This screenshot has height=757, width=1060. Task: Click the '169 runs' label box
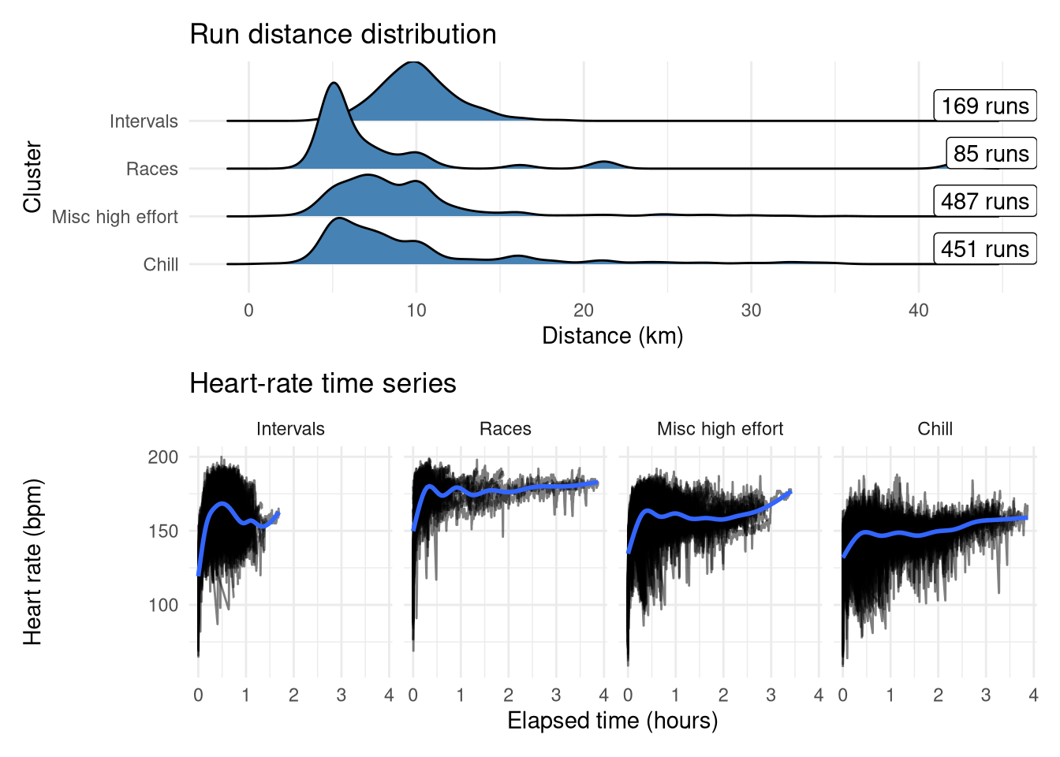[x=985, y=106]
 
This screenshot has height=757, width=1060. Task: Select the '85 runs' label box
[x=991, y=154]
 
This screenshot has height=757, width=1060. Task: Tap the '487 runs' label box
[x=985, y=201]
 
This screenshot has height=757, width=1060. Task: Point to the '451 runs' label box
[x=985, y=249]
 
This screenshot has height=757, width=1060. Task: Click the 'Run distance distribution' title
[x=343, y=35]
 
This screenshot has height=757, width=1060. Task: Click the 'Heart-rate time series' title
[x=323, y=383]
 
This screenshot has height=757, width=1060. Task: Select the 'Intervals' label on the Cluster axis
[x=144, y=121]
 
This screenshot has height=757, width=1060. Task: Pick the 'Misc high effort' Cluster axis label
[x=115, y=217]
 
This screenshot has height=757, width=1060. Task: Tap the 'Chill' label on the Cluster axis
[x=161, y=265]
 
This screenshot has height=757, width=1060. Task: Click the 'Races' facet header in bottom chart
[x=505, y=429]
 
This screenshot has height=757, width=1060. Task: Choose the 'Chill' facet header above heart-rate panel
[x=935, y=429]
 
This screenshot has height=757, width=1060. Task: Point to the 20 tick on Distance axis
[x=584, y=311]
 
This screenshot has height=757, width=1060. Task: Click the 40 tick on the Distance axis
[x=919, y=311]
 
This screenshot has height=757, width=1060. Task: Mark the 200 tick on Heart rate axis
[x=163, y=457]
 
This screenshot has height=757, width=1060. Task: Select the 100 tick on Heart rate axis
[x=163, y=605]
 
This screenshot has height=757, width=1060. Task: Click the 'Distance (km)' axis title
[x=612, y=336]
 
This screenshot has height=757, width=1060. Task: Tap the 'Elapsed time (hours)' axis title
[x=612, y=721]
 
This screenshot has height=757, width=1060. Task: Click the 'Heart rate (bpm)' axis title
[x=32, y=562]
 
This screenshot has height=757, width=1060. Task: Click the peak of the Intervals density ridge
[x=413, y=62]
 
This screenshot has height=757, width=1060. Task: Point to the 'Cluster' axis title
[x=32, y=177]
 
